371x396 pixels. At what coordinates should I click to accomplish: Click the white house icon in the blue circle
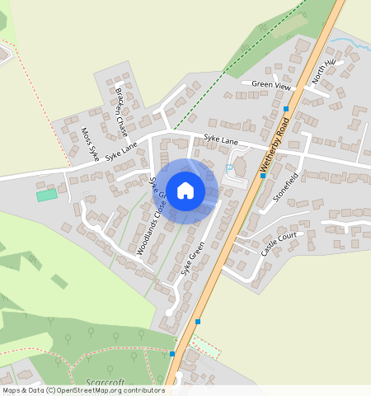point(185,191)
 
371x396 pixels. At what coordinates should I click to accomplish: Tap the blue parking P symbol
point(228,168)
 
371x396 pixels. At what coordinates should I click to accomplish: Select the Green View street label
point(271,84)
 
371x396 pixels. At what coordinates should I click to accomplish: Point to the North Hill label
point(326,72)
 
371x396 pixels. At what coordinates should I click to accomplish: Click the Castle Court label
point(278,245)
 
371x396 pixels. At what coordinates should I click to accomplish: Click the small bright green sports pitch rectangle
point(47,195)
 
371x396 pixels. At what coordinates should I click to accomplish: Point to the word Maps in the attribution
point(11,390)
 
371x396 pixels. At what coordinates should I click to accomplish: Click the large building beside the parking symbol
point(241,166)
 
